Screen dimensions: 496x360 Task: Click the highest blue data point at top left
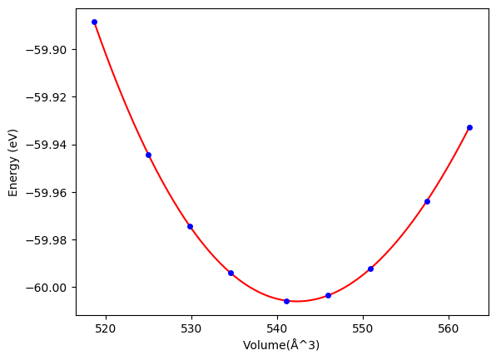94,22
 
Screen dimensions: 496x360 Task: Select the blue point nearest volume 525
148,155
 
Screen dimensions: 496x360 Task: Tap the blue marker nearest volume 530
190,227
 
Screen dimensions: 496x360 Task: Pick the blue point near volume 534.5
231,273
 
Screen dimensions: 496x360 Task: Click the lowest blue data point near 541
286,301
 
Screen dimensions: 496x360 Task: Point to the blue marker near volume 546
329,295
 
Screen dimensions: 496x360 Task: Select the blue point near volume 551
370,269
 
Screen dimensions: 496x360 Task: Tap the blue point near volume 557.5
428,202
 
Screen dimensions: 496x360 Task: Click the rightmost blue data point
469,128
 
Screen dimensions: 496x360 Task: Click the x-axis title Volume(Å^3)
281,345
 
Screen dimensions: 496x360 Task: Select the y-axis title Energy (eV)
13,163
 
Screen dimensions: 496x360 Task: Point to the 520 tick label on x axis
106,329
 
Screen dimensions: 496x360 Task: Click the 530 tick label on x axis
191,329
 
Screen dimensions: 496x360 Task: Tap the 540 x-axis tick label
277,329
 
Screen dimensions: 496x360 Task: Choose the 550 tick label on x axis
363,329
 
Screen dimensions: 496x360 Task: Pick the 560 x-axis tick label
449,329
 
